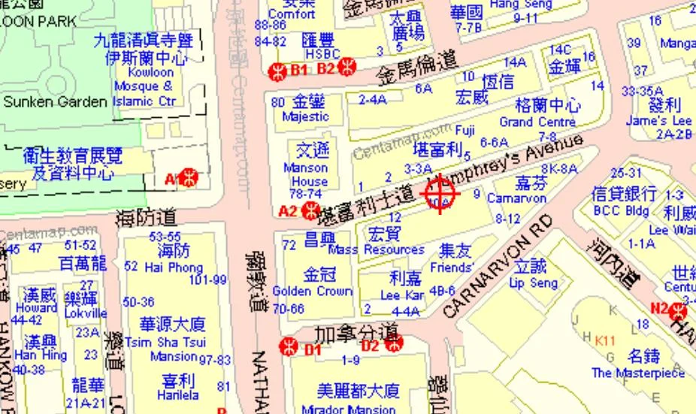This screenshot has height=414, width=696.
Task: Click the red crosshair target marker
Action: pyautogui.click(x=440, y=194)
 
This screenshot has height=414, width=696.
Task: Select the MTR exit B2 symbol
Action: pyautogui.click(x=346, y=68)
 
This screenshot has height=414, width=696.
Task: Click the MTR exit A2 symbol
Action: pyautogui.click(x=308, y=211)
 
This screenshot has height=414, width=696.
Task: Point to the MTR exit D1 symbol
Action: pyautogui.click(x=288, y=347)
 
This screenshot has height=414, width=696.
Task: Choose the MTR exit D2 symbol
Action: pyautogui.click(x=392, y=344)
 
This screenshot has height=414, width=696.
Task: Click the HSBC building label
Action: pyautogui.click(x=322, y=54)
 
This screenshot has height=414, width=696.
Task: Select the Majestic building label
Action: pyautogui.click(x=305, y=116)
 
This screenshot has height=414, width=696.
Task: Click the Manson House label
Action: pyautogui.click(x=305, y=174)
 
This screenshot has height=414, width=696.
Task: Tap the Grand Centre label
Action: pyautogui.click(x=537, y=121)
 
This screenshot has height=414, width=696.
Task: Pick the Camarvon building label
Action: pyautogui.click(x=516, y=198)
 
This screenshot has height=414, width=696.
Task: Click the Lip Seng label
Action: pyautogui.click(x=533, y=283)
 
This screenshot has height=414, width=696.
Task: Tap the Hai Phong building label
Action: pyautogui.click(x=174, y=267)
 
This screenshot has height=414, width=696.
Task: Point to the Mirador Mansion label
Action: pyautogui.click(x=348, y=409)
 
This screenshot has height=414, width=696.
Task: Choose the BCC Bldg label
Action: pyautogui.click(x=617, y=211)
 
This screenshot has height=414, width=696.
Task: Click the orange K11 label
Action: pyautogui.click(x=605, y=340)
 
